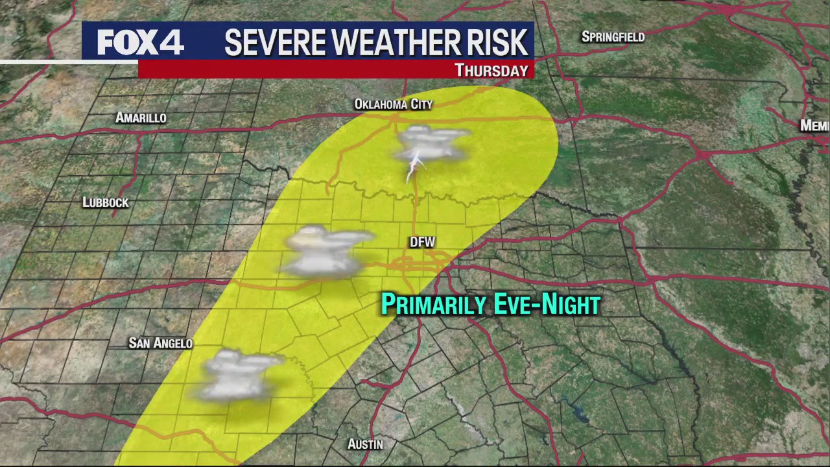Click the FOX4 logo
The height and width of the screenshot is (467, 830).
pos(140,42)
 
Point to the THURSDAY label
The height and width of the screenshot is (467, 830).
pos(491,70)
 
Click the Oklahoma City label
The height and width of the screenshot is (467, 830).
pos(393,104)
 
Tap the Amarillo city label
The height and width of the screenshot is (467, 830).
pos(141,118)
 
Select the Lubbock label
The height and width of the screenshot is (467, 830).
pos(106,202)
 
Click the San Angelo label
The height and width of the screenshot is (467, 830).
pos(160,343)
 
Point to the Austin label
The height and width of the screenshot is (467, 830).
pos(365,444)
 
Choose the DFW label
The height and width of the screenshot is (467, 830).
pos(422,243)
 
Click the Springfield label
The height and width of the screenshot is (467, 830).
pos(613,37)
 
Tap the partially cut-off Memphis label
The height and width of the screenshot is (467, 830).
pos(814,126)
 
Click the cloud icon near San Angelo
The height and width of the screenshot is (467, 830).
pos(237,375)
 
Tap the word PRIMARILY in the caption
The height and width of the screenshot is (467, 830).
pos(433,305)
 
